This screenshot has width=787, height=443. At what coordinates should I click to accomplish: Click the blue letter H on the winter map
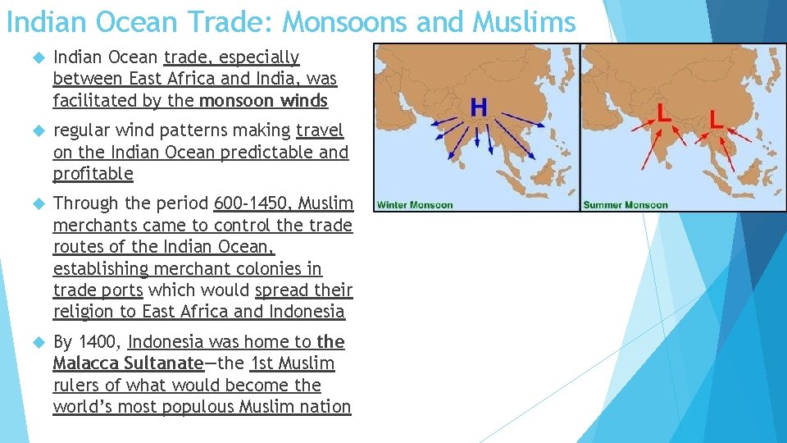(x=479, y=107)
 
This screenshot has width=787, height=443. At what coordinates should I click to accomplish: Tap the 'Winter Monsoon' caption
(x=415, y=204)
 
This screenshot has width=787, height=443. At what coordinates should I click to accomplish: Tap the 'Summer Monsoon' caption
(x=625, y=204)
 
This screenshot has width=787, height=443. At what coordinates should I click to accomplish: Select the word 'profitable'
(x=93, y=174)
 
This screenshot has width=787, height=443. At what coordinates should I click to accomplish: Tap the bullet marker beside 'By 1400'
(x=35, y=342)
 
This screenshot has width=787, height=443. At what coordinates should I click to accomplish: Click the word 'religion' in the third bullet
(x=83, y=312)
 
